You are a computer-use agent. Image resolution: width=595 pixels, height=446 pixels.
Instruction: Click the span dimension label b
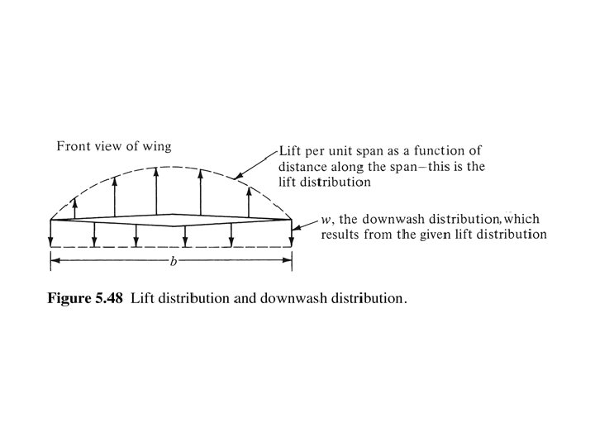[x=172, y=261]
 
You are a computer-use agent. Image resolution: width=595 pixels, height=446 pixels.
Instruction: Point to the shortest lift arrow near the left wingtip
[x=75, y=206]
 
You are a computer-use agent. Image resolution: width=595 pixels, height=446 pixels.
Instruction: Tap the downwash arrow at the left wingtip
[x=51, y=233]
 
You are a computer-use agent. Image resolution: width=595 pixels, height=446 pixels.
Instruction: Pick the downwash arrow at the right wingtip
[x=293, y=233]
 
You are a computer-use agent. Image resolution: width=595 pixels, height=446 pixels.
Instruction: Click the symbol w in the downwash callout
[x=326, y=221]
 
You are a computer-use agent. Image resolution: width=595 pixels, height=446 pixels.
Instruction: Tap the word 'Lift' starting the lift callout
[x=291, y=151]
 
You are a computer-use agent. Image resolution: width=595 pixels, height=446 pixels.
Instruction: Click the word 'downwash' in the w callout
[x=383, y=221]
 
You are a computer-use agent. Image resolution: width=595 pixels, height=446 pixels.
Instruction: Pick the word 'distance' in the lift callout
[x=305, y=166]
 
